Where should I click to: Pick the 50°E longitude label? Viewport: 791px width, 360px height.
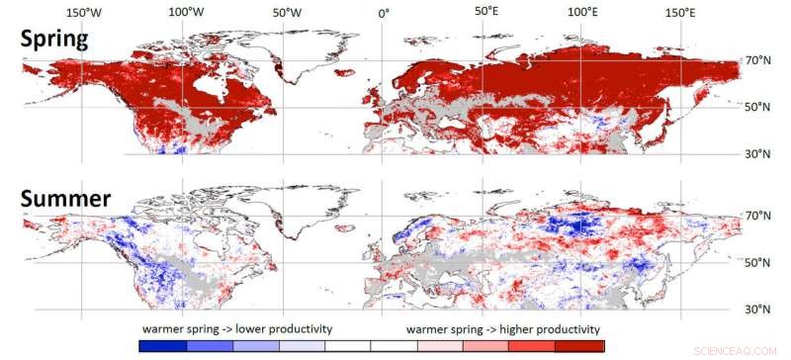coord(485,12)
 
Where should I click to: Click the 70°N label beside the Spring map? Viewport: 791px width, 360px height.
coord(759,61)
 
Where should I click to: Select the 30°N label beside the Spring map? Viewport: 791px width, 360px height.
coord(759,153)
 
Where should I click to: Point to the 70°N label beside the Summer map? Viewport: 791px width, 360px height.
coord(759,215)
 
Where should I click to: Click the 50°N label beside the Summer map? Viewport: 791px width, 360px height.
coord(759,262)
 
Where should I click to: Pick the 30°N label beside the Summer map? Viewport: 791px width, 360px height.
coord(759,310)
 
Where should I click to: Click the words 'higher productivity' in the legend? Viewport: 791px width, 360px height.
coord(546,328)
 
